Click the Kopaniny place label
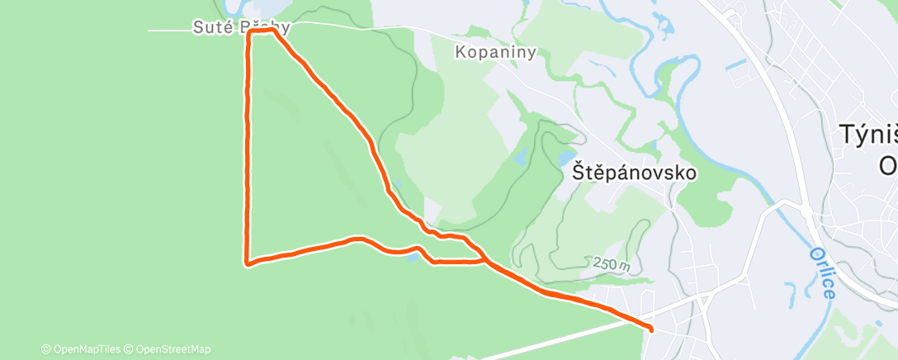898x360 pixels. pyautogui.click(x=496, y=52)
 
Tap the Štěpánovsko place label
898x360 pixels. pyautogui.click(x=634, y=173)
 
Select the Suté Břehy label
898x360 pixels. pyautogui.click(x=241, y=27)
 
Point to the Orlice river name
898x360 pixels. pyautogui.click(x=823, y=272)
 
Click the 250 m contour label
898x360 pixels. pyautogui.click(x=611, y=264)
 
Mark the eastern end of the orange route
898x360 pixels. pyautogui.click(x=651, y=329)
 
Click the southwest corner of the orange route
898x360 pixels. pyautogui.click(x=248, y=263)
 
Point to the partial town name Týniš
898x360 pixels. pyautogui.click(x=867, y=135)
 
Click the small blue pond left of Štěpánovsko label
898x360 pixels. pyautogui.click(x=521, y=154)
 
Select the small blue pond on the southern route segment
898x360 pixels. pyautogui.click(x=410, y=257)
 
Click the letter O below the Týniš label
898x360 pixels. pyautogui.click(x=887, y=165)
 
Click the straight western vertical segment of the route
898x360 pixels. pyautogui.click(x=246, y=149)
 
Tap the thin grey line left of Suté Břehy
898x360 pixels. pyautogui.click(x=169, y=31)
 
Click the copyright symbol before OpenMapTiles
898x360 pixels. pyautogui.click(x=45, y=348)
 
